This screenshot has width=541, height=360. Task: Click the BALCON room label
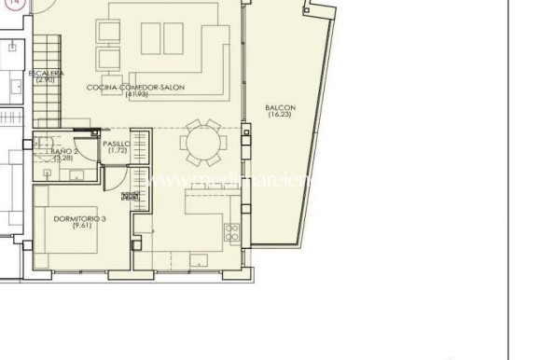[x=281, y=107]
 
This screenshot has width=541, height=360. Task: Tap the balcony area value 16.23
[x=281, y=115]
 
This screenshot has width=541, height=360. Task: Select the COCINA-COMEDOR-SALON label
[x=135, y=87]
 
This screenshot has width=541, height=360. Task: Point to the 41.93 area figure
[x=136, y=94]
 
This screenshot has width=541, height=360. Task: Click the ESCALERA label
[x=46, y=73]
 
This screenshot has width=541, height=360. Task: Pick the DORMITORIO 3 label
[x=78, y=218]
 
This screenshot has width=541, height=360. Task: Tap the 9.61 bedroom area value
[x=78, y=226]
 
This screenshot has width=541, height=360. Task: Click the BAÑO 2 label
[x=62, y=150]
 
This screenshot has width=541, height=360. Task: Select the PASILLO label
[x=117, y=144]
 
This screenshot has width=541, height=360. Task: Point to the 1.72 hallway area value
[x=117, y=151]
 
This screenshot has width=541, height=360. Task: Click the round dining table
[x=202, y=144]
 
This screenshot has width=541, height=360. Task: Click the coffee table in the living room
[x=164, y=38]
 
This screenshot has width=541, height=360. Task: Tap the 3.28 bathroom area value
[x=62, y=158]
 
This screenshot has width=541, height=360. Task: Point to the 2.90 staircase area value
[x=46, y=80]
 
